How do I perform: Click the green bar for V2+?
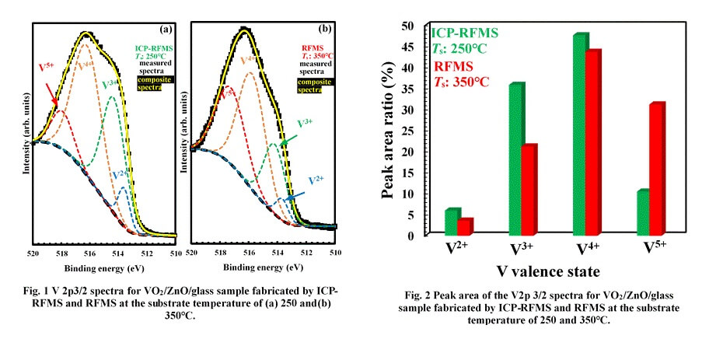pyautogui.click(x=451, y=222)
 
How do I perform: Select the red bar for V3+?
pyautogui.click(x=529, y=190)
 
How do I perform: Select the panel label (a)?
pyautogui.click(x=165, y=30)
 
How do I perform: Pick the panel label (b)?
pyautogui.click(x=324, y=30)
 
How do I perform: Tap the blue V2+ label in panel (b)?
pyautogui.click(x=316, y=180)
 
